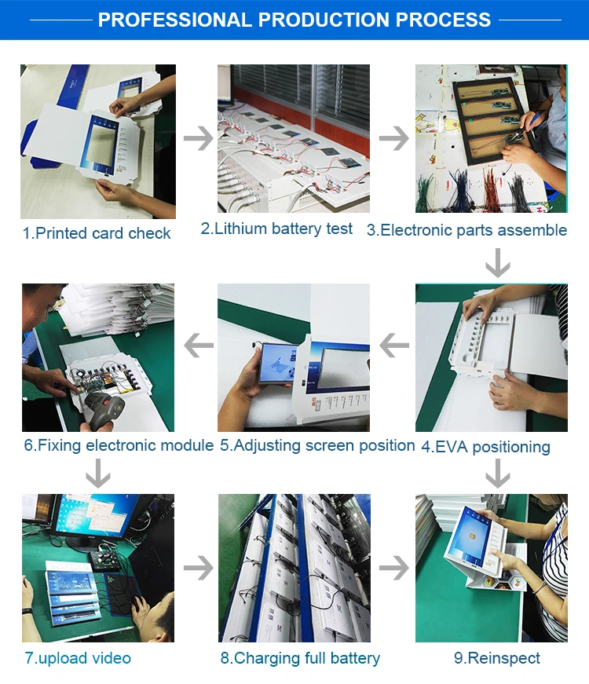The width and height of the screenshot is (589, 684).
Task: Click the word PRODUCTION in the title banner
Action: click(x=323, y=20)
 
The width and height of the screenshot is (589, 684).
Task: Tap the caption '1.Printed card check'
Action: click(x=97, y=233)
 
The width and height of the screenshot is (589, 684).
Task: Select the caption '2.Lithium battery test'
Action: click(x=276, y=229)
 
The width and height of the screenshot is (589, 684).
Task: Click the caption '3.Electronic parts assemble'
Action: click(x=466, y=230)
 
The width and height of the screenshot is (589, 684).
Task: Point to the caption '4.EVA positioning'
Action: click(x=485, y=447)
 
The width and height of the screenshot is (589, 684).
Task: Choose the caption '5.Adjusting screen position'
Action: click(x=317, y=445)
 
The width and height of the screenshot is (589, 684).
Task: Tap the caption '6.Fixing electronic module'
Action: click(x=119, y=445)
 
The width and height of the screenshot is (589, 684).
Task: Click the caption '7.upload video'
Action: click(x=78, y=658)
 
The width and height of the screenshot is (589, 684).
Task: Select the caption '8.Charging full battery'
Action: click(x=300, y=658)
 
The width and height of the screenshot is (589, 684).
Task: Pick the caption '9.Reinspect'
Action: click(x=497, y=658)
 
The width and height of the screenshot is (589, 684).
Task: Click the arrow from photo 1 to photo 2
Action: click(x=199, y=138)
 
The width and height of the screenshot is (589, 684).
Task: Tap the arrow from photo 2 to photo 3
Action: click(x=394, y=138)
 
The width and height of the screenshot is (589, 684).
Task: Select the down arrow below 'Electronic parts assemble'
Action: click(x=498, y=262)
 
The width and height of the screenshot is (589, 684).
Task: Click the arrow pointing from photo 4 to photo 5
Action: click(x=394, y=345)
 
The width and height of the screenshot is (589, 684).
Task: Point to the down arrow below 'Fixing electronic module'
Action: click(x=97, y=474)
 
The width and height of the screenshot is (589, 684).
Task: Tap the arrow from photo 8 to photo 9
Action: click(x=394, y=568)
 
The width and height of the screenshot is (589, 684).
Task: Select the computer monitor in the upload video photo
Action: click(x=92, y=519)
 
